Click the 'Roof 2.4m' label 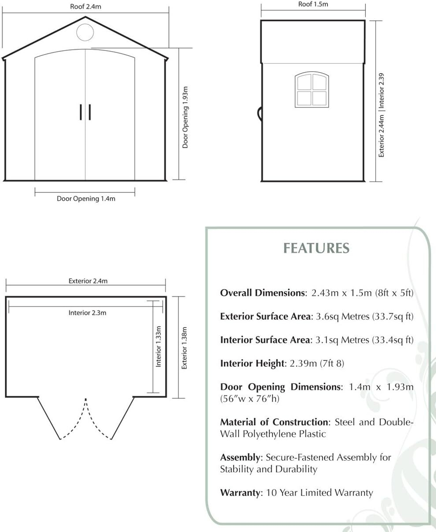pyautogui.click(x=85, y=7)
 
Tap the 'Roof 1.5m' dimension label pyautogui.click(x=313, y=4)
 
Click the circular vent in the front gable pyautogui.click(x=85, y=32)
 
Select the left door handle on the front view pyautogui.click(x=81, y=112)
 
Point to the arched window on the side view pyautogui.click(x=312, y=90)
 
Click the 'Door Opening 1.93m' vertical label pyautogui.click(x=185, y=117)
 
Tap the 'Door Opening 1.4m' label pyautogui.click(x=86, y=199)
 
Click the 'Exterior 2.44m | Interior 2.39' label pyautogui.click(x=381, y=115)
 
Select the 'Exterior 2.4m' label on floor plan pyautogui.click(x=88, y=281)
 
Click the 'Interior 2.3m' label pyautogui.click(x=87, y=313)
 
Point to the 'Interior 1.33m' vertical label pyautogui.click(x=158, y=347)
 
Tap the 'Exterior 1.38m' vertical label pyautogui.click(x=184, y=348)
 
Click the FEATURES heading pyautogui.click(x=316, y=248)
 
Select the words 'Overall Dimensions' pyautogui.click(x=262, y=293)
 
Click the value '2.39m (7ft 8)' pyautogui.click(x=317, y=364)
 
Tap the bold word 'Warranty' pyautogui.click(x=240, y=493)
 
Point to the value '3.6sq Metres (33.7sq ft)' pyautogui.click(x=364, y=317)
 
